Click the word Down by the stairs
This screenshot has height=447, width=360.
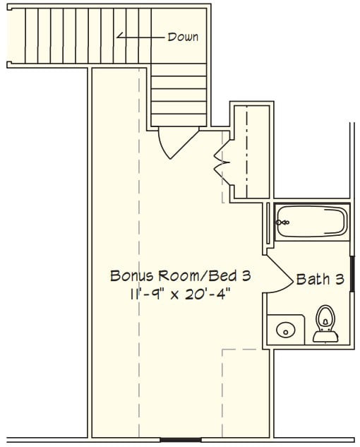[183, 37]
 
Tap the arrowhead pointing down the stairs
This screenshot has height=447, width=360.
[120, 36]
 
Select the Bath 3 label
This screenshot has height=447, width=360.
[320, 279]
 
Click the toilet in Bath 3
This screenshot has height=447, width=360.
[325, 323]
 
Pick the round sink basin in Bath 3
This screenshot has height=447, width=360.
[285, 330]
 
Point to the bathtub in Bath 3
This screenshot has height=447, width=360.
[312, 222]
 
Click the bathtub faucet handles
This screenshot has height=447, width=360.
[283, 222]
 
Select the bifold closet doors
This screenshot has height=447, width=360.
[222, 162]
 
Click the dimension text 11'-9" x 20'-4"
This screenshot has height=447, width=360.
[180, 294]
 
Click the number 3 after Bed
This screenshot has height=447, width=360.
[246, 275]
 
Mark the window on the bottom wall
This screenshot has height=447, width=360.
[181, 440]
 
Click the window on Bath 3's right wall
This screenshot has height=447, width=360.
[352, 274]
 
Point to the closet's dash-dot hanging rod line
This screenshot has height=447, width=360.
[247, 152]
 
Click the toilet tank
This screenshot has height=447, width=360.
[325, 336]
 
